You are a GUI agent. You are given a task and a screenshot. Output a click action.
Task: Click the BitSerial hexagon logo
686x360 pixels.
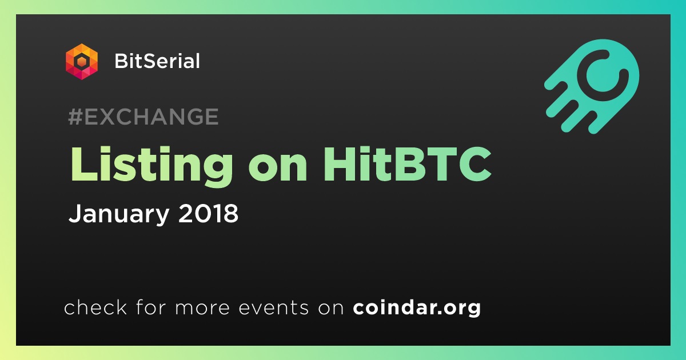[82, 62]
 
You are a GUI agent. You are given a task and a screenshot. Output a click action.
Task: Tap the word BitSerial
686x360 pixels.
[157, 61]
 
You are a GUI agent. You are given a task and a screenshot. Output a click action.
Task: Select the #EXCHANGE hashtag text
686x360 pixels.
[143, 117]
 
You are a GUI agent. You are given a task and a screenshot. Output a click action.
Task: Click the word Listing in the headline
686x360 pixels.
[151, 166]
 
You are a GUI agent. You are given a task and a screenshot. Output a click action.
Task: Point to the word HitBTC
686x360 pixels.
[407, 164]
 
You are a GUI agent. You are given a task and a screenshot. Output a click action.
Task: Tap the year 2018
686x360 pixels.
[208, 213]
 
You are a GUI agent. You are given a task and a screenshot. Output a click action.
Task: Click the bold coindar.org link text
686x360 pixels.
[417, 308]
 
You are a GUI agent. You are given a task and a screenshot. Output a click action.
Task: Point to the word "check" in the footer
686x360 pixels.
[95, 307]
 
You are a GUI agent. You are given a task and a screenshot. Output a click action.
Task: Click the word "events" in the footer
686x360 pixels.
[274, 307]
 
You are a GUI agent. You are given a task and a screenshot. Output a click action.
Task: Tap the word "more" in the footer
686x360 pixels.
[202, 308]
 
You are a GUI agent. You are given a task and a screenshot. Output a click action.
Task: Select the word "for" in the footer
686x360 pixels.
[151, 307]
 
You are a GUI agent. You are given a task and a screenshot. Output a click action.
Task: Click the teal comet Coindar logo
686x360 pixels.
[592, 86]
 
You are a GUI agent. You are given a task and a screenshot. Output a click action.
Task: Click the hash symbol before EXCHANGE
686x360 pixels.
[75, 117]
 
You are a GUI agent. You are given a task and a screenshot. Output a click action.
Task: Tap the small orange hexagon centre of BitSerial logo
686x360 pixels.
[82, 62]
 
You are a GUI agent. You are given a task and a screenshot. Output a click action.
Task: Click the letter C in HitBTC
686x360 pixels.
[474, 164]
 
